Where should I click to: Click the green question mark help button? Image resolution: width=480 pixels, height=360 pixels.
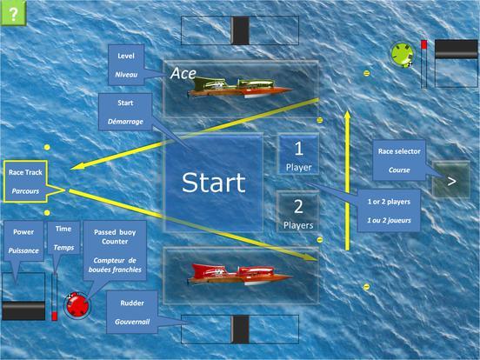click(x=13, y=13)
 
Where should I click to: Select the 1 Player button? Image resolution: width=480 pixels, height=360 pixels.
click(x=298, y=154)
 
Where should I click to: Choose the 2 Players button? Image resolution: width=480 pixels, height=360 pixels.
click(x=298, y=212)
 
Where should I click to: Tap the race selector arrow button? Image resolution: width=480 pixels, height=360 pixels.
click(x=451, y=180)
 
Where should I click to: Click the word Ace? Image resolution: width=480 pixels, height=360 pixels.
click(x=183, y=73)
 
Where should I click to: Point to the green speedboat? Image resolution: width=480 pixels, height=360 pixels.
click(x=240, y=88)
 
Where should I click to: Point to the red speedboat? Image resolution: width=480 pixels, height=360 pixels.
click(x=240, y=274)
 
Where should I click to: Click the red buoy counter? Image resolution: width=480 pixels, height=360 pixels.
click(x=77, y=305)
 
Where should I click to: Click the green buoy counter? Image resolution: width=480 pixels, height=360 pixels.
click(x=402, y=55)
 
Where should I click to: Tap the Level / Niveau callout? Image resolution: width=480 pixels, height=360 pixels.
click(x=126, y=65)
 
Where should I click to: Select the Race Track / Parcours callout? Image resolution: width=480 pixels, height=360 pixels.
click(x=26, y=181)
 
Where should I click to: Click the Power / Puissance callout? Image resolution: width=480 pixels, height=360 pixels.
click(x=23, y=241)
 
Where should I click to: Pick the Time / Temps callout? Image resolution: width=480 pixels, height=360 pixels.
click(x=63, y=238)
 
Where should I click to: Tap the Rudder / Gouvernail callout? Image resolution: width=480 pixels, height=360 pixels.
click(x=132, y=312)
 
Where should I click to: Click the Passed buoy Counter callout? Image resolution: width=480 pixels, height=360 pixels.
click(x=115, y=250)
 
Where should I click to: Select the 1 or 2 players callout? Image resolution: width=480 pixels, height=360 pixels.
click(x=389, y=210)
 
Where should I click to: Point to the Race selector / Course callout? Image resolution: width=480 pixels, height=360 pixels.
click(x=399, y=160)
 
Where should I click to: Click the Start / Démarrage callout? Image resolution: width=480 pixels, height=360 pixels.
click(x=125, y=112)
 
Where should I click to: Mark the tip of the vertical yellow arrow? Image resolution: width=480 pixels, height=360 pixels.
click(x=347, y=111)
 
